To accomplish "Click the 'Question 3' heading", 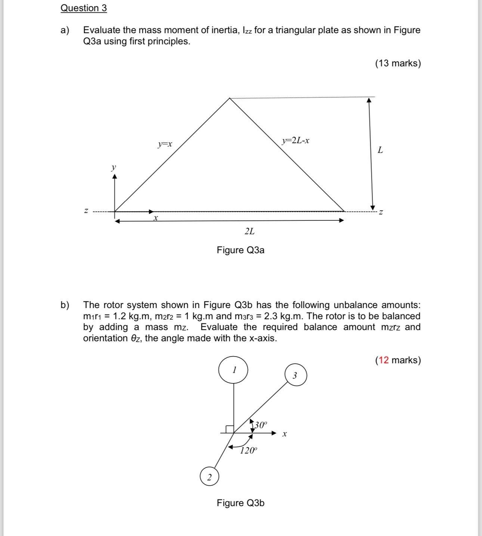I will (84, 8).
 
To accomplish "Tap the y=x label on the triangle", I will (165, 144).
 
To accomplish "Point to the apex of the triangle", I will (230, 98).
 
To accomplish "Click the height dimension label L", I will (380, 150).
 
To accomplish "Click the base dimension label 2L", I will (250, 231).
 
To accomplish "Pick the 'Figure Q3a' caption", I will (240, 250).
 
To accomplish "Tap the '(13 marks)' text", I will (398, 63).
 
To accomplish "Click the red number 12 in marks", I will (384, 360).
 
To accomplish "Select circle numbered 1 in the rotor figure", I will (234, 370).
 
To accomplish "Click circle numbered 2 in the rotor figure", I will (209, 477).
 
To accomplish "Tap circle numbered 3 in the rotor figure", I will (296, 375).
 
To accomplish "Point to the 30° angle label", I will (260, 425).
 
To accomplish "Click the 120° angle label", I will (249, 451).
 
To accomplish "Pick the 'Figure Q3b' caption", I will (240, 503).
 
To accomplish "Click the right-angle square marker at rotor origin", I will (229, 429).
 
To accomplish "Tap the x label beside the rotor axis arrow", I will (285, 434).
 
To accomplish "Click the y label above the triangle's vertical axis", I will (114, 167).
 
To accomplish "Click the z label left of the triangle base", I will (86, 211).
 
